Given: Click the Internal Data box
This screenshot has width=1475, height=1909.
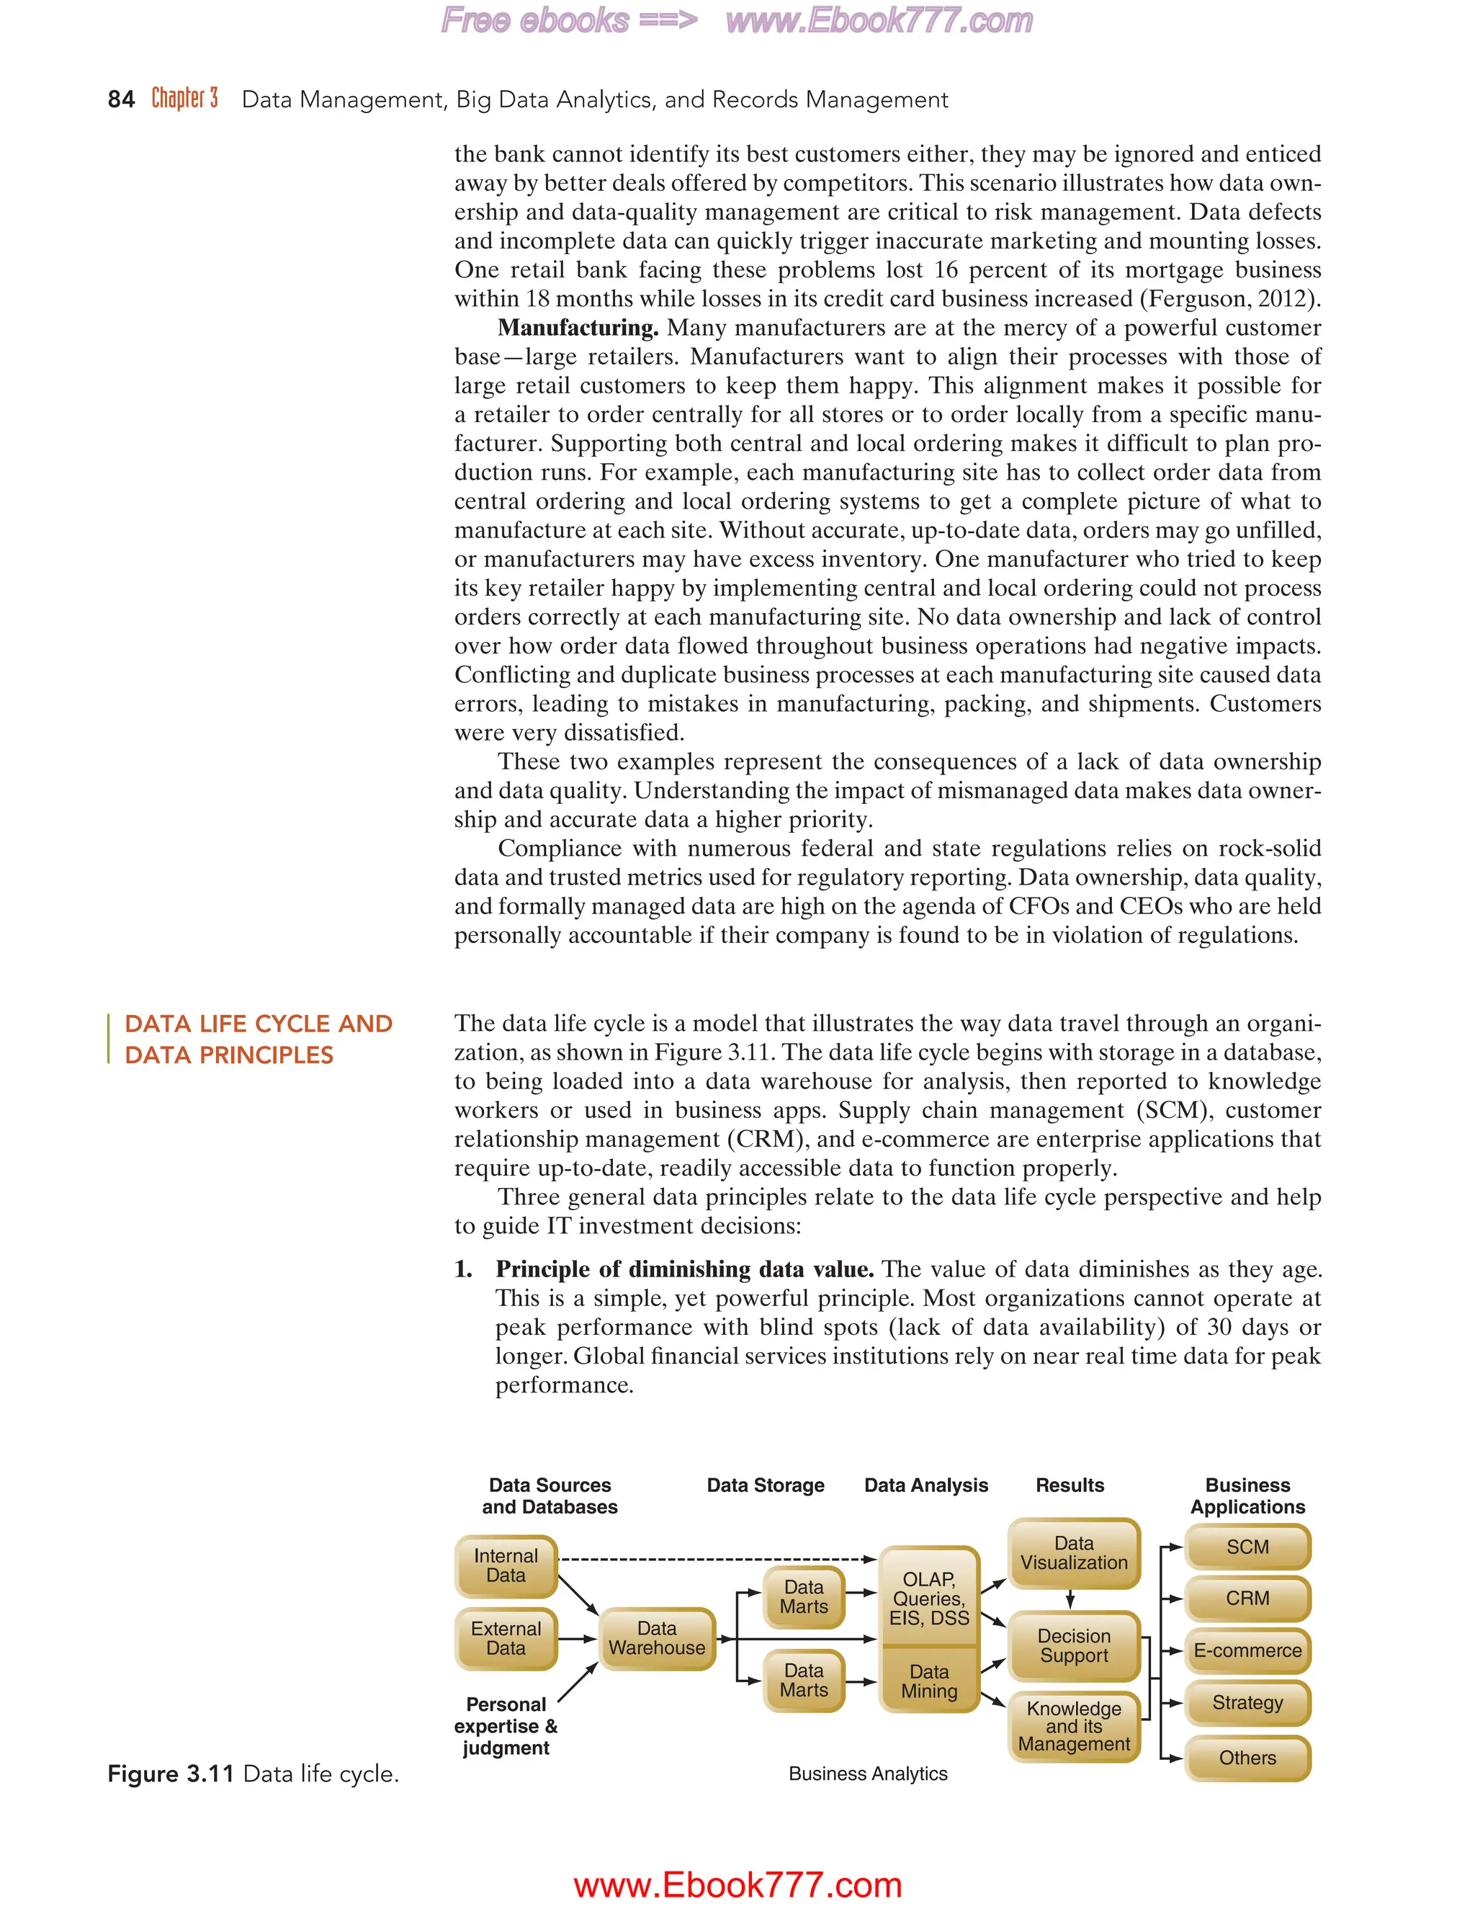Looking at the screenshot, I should (506, 1565).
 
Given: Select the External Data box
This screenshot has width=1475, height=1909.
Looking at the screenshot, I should (506, 1638).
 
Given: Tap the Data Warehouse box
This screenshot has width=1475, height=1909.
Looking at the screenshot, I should (657, 1638).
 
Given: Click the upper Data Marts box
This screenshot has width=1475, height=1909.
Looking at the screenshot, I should (804, 1596).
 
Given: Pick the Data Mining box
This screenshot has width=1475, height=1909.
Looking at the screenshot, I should (929, 1681).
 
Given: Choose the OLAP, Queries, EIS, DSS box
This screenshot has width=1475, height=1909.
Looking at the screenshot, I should (929, 1598).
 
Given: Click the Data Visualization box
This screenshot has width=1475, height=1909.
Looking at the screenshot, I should (1074, 1553).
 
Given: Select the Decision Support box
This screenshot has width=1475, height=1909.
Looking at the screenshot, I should (1074, 1646).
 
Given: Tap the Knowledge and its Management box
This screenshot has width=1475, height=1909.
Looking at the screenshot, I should (1074, 1726).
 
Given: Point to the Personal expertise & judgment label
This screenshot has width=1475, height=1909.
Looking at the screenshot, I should (506, 1726).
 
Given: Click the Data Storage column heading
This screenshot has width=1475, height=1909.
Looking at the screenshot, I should (766, 1485).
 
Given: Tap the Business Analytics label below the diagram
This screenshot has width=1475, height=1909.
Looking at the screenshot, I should (868, 1774).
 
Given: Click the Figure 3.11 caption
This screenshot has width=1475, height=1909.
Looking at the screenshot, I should (253, 1774).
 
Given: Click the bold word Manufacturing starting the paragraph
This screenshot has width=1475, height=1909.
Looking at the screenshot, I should (578, 328).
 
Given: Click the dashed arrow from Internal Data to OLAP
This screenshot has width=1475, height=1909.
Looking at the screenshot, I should (717, 1560).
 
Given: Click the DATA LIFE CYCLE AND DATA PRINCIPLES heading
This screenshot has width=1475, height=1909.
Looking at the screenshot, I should (258, 1040).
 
